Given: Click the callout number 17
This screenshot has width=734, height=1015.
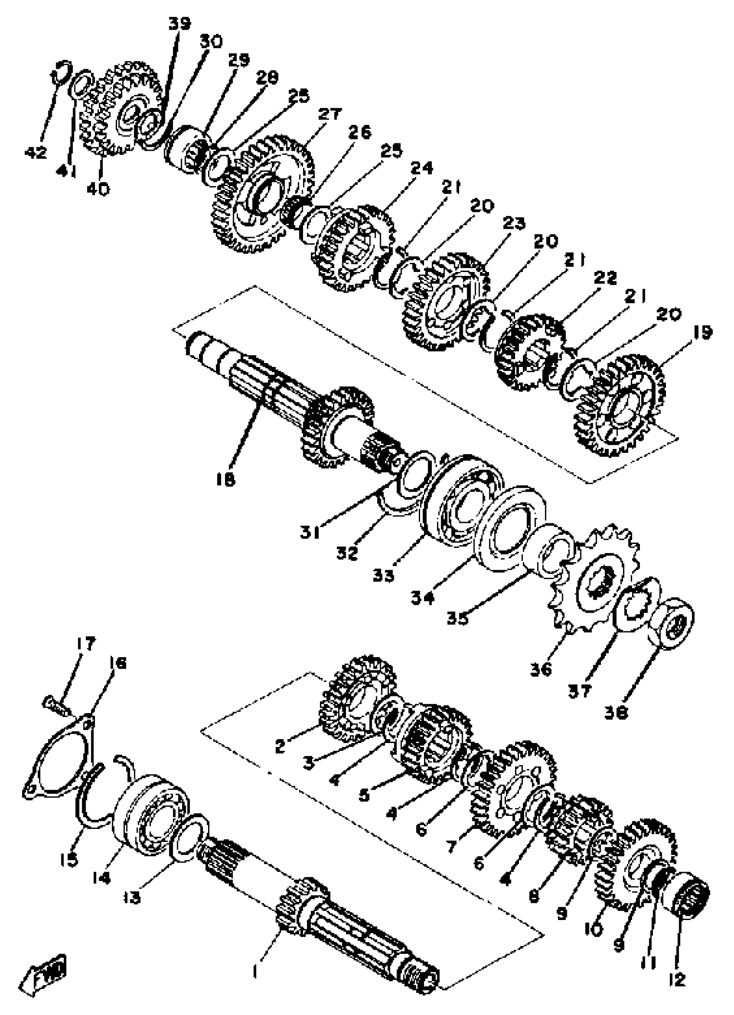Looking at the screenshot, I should point(85,644).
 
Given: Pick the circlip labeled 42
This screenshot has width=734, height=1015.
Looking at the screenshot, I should point(61,72).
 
